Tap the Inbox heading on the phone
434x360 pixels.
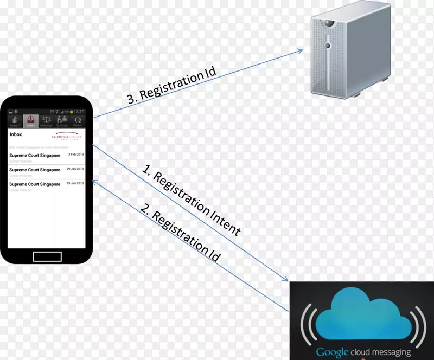pyautogui.click(x=16, y=134)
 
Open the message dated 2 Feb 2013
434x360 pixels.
pyautogui.click(x=46, y=157)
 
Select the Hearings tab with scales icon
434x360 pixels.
pyautogui.click(x=46, y=120)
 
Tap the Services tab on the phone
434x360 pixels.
pyautogui.click(x=62, y=120)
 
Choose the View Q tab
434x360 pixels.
pyautogui.click(x=78, y=120)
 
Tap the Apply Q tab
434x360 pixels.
pyautogui.click(x=15, y=120)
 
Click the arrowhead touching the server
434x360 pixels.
pyautogui.click(x=299, y=50)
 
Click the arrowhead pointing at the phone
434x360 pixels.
pyautogui.click(x=94, y=180)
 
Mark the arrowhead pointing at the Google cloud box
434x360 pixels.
pyautogui.click(x=285, y=279)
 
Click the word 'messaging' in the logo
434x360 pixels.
pyautogui.click(x=388, y=352)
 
